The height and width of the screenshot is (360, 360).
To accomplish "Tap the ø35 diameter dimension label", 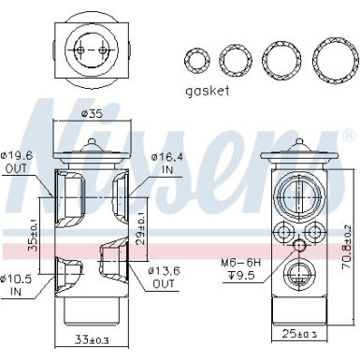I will pyautogui.click(x=91, y=115).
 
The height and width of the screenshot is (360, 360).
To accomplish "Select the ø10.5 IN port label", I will pyautogui.click(x=18, y=284).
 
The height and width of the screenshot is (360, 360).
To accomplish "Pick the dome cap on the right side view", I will pyautogui.click(x=298, y=148).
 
